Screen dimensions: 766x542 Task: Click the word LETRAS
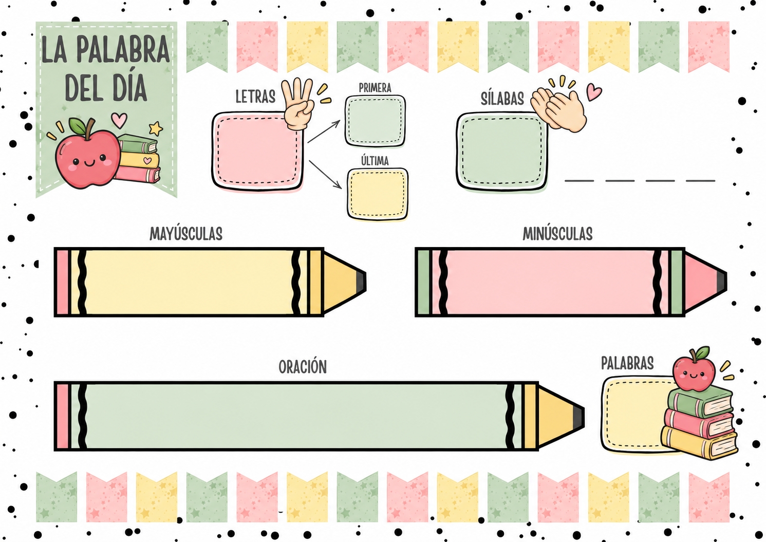(x=255, y=97)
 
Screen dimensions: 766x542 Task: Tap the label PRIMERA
(x=375, y=88)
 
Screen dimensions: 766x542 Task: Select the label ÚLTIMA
(x=375, y=160)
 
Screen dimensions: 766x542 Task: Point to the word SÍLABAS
(x=502, y=99)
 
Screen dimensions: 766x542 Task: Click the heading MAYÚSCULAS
(x=186, y=234)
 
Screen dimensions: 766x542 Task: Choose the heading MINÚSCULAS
(x=557, y=234)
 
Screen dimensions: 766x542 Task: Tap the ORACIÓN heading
(x=303, y=366)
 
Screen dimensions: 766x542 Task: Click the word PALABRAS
(x=627, y=363)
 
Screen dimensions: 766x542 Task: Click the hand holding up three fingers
(x=298, y=104)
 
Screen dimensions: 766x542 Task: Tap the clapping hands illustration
(x=558, y=109)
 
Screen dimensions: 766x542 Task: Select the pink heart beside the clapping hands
(x=594, y=91)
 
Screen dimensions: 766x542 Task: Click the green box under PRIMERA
(x=375, y=121)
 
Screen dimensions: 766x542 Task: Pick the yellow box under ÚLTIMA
(x=378, y=194)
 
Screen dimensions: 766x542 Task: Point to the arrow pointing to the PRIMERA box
(x=324, y=132)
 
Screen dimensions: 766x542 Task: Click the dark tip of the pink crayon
(x=721, y=282)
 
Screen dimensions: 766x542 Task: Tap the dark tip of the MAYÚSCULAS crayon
(x=361, y=282)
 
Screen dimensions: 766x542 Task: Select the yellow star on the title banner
(x=156, y=128)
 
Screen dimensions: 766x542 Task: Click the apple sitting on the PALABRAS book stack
(x=694, y=369)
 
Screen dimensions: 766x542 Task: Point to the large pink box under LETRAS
(x=257, y=151)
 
